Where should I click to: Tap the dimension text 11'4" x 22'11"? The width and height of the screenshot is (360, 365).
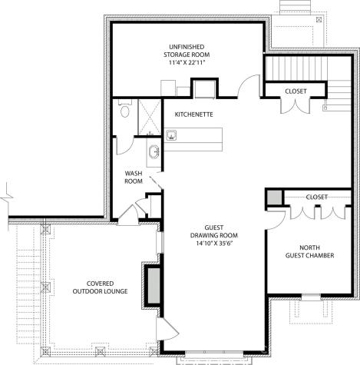pyautogui.click(x=187, y=64)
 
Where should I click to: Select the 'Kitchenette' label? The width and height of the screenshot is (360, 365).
pyautogui.click(x=193, y=114)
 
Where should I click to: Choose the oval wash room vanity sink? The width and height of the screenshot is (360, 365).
pyautogui.click(x=154, y=150)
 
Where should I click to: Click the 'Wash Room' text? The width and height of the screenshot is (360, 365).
pyautogui.click(x=134, y=178)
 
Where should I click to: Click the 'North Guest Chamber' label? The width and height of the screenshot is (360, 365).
pyautogui.click(x=309, y=251)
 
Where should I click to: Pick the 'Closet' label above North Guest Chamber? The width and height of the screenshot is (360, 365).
pyautogui.click(x=316, y=197)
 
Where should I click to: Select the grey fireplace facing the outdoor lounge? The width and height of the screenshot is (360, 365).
pyautogui.click(x=152, y=284)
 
